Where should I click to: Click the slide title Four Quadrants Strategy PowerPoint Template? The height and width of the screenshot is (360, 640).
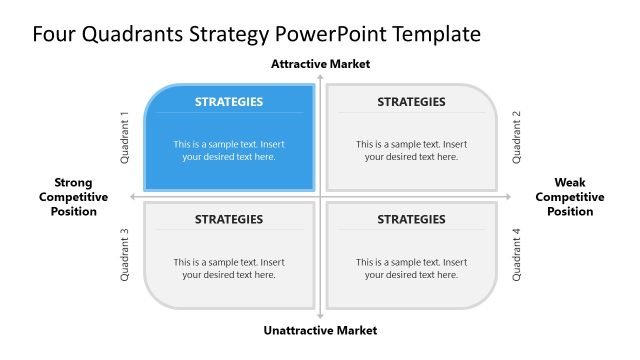tap(256, 34)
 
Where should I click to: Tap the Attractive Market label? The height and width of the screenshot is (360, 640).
tap(320, 64)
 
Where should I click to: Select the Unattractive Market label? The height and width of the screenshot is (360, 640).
tap(320, 330)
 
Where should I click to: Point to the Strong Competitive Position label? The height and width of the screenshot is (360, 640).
tap(74, 197)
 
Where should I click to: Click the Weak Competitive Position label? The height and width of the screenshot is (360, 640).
tap(569, 197)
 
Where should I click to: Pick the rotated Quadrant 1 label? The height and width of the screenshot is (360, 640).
tap(126, 137)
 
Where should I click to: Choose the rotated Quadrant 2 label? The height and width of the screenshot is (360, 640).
tap(517, 137)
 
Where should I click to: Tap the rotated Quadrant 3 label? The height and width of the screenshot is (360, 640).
tap(126, 256)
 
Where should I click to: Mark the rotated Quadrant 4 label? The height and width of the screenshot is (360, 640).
tap(517, 256)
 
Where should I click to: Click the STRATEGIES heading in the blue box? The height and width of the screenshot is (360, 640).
tap(229, 101)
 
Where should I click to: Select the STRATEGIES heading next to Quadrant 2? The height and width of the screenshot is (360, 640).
tap(411, 101)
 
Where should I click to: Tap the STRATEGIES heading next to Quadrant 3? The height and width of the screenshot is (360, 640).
tap(229, 219)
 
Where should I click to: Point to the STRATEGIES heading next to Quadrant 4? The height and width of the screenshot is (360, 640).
tap(411, 219)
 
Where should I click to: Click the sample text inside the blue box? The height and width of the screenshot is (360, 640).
tap(229, 150)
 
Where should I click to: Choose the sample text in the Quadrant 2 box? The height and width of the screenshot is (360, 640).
tap(411, 150)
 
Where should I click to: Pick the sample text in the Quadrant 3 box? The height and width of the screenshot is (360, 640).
tap(229, 268)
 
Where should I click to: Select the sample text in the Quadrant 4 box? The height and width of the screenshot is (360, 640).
tap(411, 268)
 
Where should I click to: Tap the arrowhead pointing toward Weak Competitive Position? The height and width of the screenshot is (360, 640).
tap(508, 196)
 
